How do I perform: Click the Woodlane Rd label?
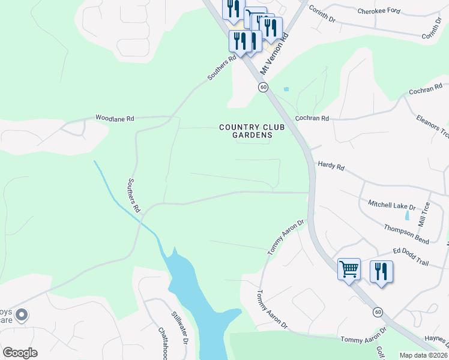115,119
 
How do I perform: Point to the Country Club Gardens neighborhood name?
246,131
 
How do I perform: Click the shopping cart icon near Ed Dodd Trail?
348,269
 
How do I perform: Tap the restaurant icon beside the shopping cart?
381,271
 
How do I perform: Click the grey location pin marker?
22,314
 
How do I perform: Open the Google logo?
20,353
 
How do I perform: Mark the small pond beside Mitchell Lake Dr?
408,215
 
